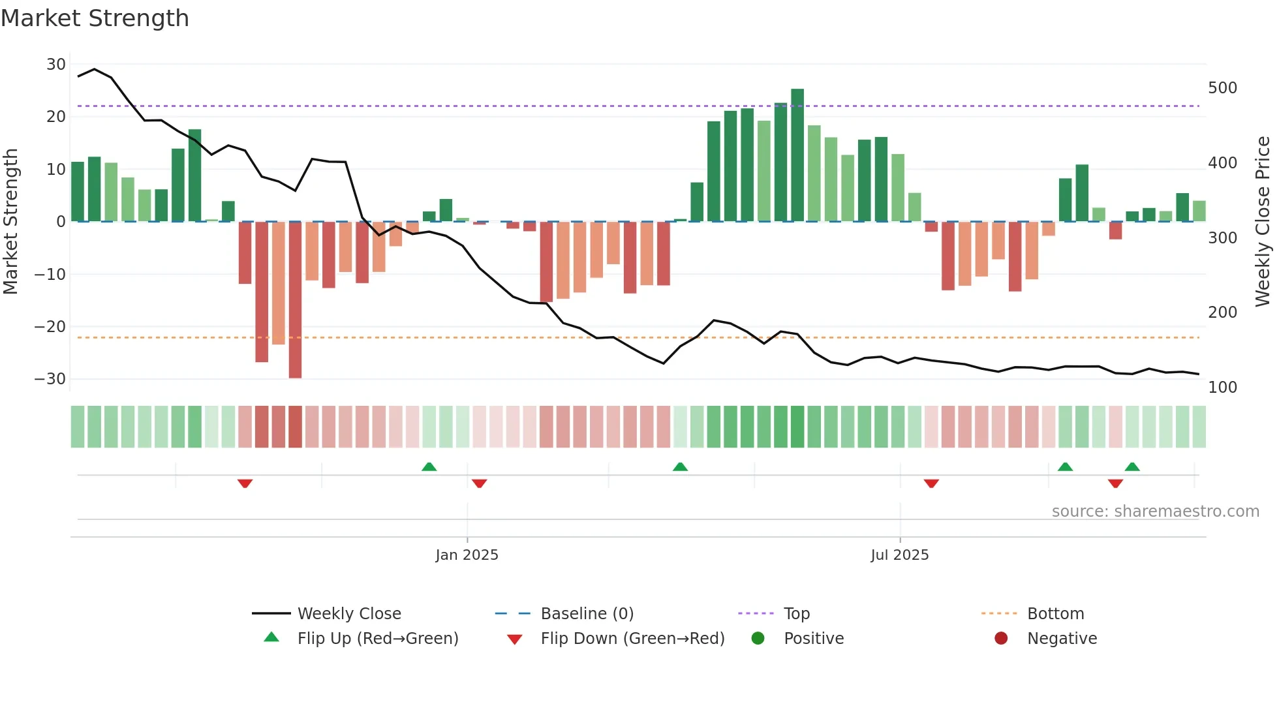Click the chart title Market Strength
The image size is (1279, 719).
95,18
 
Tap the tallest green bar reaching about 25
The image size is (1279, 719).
797,155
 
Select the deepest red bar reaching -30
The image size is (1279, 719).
295,300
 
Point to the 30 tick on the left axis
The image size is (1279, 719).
56,65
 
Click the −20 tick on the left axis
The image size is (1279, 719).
51,327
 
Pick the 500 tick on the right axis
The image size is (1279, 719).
1222,88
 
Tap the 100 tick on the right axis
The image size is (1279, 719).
1222,388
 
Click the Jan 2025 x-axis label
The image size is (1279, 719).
467,555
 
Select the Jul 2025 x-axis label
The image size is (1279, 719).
899,555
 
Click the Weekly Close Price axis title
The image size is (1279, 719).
1263,222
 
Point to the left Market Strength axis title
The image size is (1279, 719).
10,222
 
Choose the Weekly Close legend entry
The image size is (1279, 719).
348,614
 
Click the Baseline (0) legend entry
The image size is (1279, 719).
587,614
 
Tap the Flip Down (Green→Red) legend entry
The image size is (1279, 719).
632,639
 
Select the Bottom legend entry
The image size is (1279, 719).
1055,614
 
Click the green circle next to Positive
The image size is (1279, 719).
758,639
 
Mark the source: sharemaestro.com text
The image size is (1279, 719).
1155,512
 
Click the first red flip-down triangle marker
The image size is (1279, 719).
245,483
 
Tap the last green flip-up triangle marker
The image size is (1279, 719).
1132,467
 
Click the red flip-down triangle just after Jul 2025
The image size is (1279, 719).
931,483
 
